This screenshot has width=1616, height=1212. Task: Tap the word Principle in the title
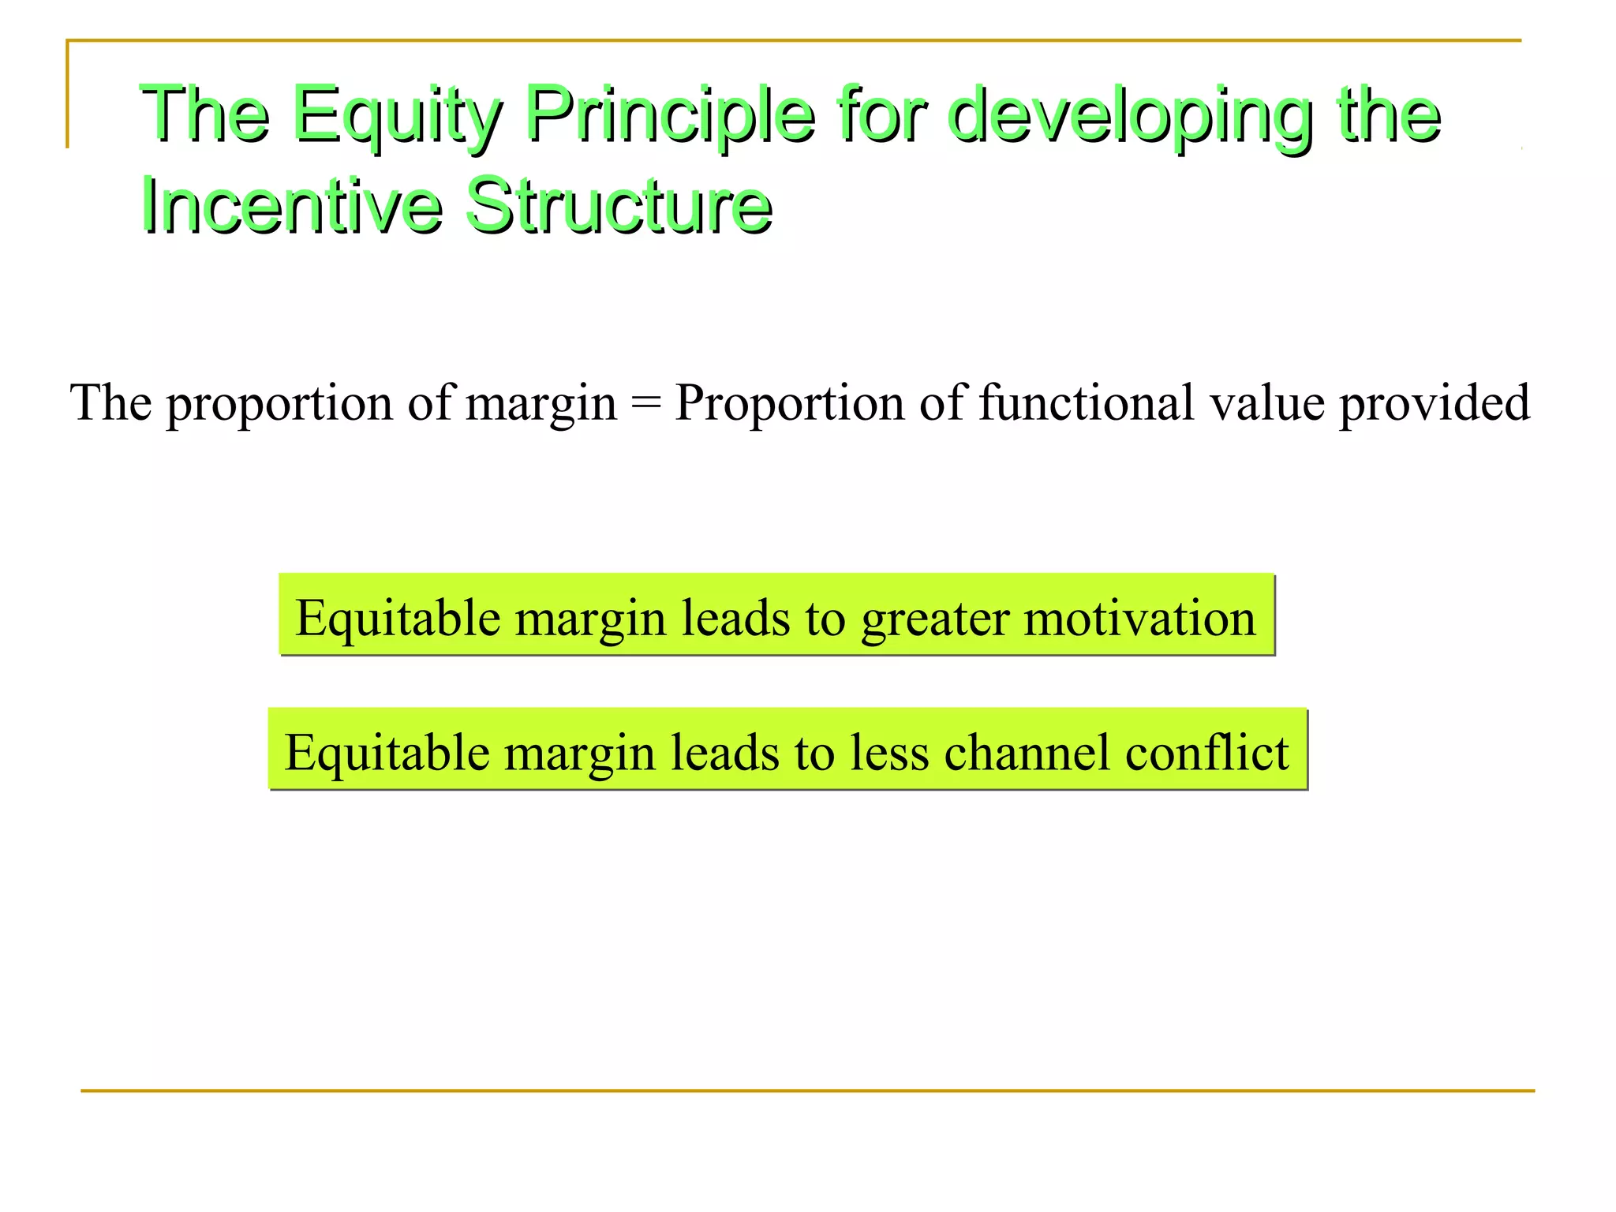(669, 116)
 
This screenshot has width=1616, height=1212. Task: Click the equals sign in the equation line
(645, 404)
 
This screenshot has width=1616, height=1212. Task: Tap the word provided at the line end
(1435, 404)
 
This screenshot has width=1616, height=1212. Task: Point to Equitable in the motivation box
(398, 618)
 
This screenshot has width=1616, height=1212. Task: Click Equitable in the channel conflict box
(387, 753)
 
